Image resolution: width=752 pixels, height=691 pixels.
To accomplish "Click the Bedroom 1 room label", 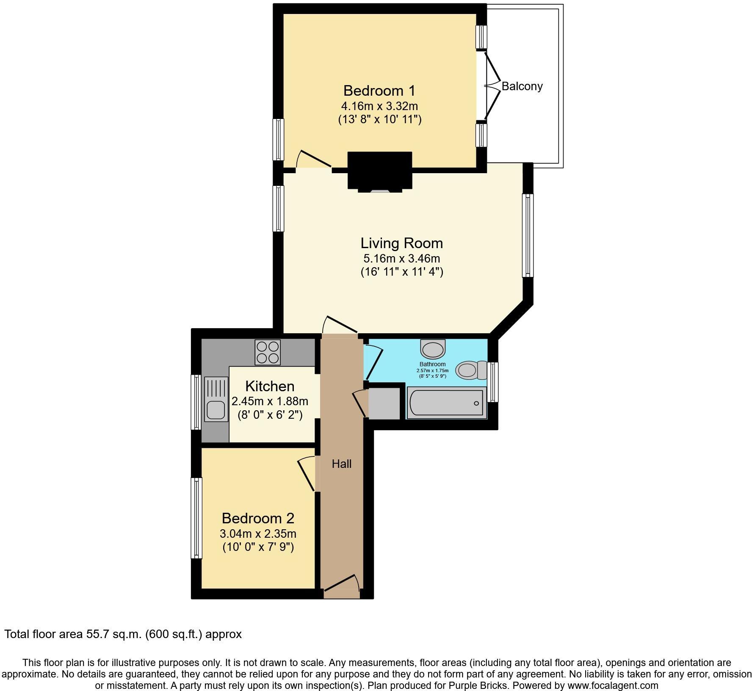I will click(x=379, y=91).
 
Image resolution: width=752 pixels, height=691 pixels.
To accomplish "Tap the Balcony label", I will click(x=522, y=86).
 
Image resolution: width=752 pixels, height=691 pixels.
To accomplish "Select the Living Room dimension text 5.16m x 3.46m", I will click(x=401, y=258).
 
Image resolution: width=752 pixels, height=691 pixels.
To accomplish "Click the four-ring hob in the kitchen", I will click(x=268, y=352).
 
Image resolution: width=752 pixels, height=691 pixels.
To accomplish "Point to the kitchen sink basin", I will click(x=216, y=409).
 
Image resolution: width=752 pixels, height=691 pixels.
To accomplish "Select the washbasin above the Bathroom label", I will click(x=433, y=349).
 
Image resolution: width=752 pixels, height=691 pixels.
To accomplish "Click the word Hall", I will click(x=341, y=464).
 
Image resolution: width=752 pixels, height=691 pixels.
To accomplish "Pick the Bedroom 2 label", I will click(x=258, y=518).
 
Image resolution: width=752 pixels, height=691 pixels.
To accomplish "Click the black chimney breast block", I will click(x=379, y=171).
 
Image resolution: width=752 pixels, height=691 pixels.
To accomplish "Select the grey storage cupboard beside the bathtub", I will click(x=384, y=404).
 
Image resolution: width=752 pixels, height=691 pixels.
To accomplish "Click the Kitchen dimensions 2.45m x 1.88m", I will click(x=270, y=401).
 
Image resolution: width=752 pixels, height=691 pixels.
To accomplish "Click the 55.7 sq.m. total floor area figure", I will click(x=113, y=634).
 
